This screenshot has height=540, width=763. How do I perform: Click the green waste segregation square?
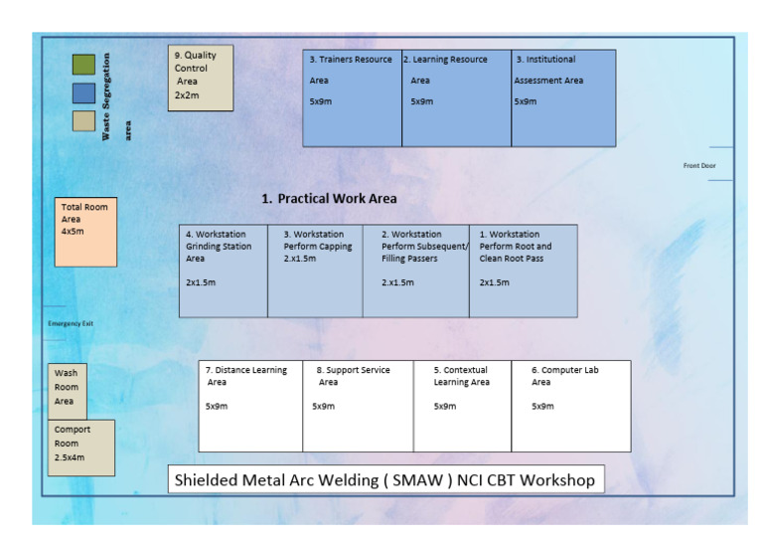(83, 65)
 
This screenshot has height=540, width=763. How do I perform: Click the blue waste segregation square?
(83, 92)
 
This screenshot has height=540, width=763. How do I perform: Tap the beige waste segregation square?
(83, 120)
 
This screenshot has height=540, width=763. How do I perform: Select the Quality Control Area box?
(200, 78)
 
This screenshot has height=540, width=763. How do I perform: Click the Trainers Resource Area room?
(352, 97)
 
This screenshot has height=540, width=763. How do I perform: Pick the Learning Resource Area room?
(456, 97)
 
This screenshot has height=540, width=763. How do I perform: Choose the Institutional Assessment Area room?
(563, 97)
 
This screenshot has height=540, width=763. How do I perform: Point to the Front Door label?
(699, 165)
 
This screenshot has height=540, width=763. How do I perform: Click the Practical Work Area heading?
(329, 199)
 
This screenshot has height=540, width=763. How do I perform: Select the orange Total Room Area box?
(84, 231)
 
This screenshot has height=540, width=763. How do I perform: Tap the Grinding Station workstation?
(223, 270)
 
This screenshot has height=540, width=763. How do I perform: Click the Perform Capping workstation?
(315, 270)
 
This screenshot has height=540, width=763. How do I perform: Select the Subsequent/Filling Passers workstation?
(415, 270)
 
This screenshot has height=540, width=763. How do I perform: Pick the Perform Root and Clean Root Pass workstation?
(523, 270)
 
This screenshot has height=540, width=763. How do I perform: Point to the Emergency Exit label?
(71, 323)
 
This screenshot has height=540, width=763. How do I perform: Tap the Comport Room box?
(80, 448)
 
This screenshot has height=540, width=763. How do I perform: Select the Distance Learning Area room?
(250, 406)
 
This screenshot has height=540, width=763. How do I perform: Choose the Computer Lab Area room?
(570, 406)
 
